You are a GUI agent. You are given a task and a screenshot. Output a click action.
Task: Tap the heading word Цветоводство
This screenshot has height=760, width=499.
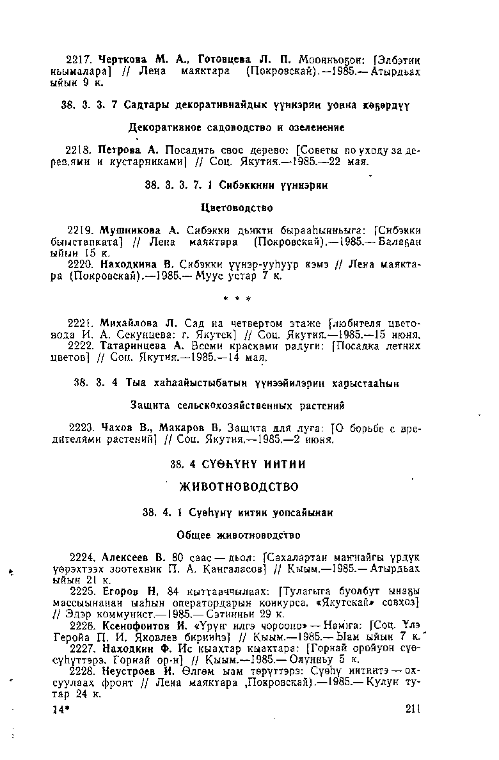(x=237, y=208)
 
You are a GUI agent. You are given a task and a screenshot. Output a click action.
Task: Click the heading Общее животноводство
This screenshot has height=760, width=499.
(x=238, y=534)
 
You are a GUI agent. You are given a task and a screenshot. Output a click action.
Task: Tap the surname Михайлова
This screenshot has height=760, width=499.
(x=129, y=322)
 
